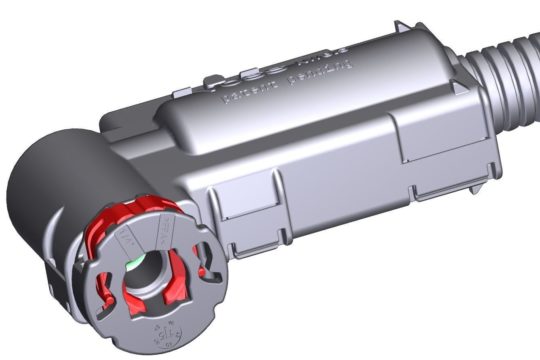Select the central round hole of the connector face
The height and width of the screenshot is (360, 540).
(150, 265)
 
